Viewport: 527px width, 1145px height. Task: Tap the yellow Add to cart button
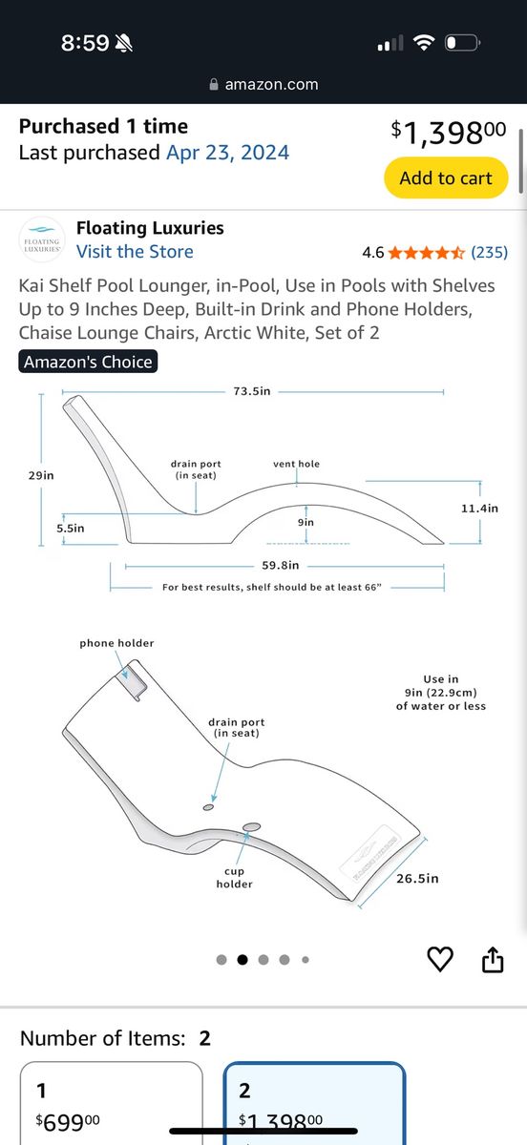coord(446,177)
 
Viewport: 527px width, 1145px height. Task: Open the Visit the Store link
coord(135,252)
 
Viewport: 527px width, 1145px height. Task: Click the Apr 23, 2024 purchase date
coord(227,153)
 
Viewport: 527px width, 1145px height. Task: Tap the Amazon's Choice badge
coord(88,362)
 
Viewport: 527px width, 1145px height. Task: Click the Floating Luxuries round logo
coord(42,239)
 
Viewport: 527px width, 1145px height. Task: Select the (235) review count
coord(489,252)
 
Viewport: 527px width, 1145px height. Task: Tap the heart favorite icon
coord(440,959)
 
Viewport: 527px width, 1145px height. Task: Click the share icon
coord(493,959)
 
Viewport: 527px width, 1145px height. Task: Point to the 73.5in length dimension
coord(252,391)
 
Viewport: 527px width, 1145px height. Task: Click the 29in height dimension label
coord(41,475)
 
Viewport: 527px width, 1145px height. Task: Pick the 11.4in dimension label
coord(479,508)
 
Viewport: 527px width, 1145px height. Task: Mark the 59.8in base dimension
coord(281,565)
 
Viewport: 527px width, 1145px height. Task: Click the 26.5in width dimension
coord(417,878)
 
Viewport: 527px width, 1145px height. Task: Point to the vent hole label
coord(296,464)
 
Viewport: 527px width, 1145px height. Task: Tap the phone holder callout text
coord(116,643)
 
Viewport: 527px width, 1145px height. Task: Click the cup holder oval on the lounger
coord(251,826)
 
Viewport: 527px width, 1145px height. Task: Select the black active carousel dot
coord(242,960)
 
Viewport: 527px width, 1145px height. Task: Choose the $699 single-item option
coord(111,1104)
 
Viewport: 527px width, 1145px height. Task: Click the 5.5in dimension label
coord(70,528)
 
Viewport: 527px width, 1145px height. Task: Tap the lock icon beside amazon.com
coord(214,84)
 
